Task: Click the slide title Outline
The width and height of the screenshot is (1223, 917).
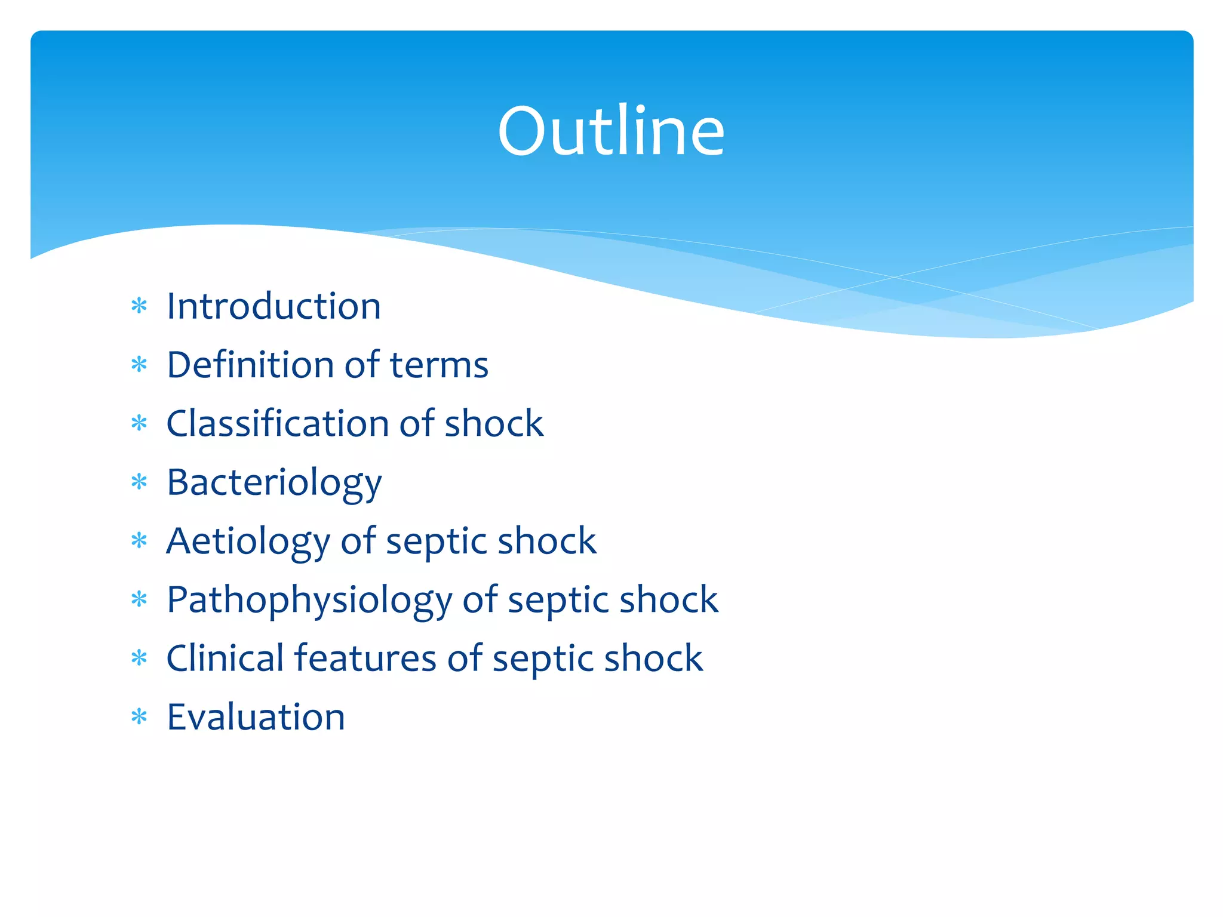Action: [611, 131]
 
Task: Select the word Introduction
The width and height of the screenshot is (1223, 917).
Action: [274, 306]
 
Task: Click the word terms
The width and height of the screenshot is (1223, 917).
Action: [439, 365]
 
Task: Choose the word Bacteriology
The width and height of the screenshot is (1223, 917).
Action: [274, 482]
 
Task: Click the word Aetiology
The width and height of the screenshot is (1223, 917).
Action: [248, 541]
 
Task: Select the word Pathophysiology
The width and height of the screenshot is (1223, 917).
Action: [309, 600]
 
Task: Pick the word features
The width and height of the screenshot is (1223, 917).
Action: [365, 658]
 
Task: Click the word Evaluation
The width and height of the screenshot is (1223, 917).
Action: [256, 717]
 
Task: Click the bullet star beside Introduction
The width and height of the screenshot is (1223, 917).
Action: [139, 306]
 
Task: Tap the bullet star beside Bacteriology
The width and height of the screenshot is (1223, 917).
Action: [139, 482]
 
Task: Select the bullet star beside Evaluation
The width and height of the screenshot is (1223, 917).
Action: [139, 716]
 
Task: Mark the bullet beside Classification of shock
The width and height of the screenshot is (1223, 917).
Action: [139, 423]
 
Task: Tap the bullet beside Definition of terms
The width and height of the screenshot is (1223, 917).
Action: [139, 365]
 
